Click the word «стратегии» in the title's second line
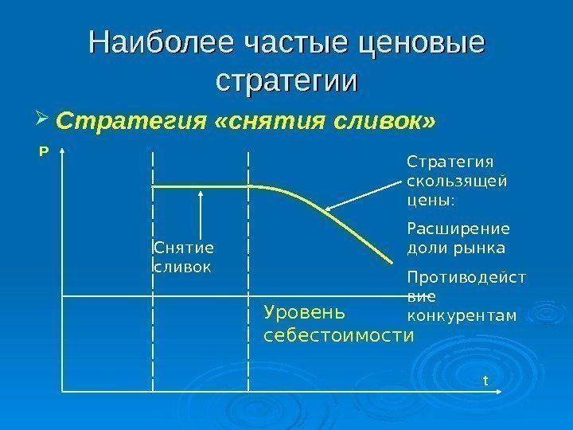click(x=286, y=81)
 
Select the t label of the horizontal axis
click(x=485, y=381)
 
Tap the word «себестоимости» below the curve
click(x=338, y=335)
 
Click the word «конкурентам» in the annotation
click(x=461, y=315)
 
